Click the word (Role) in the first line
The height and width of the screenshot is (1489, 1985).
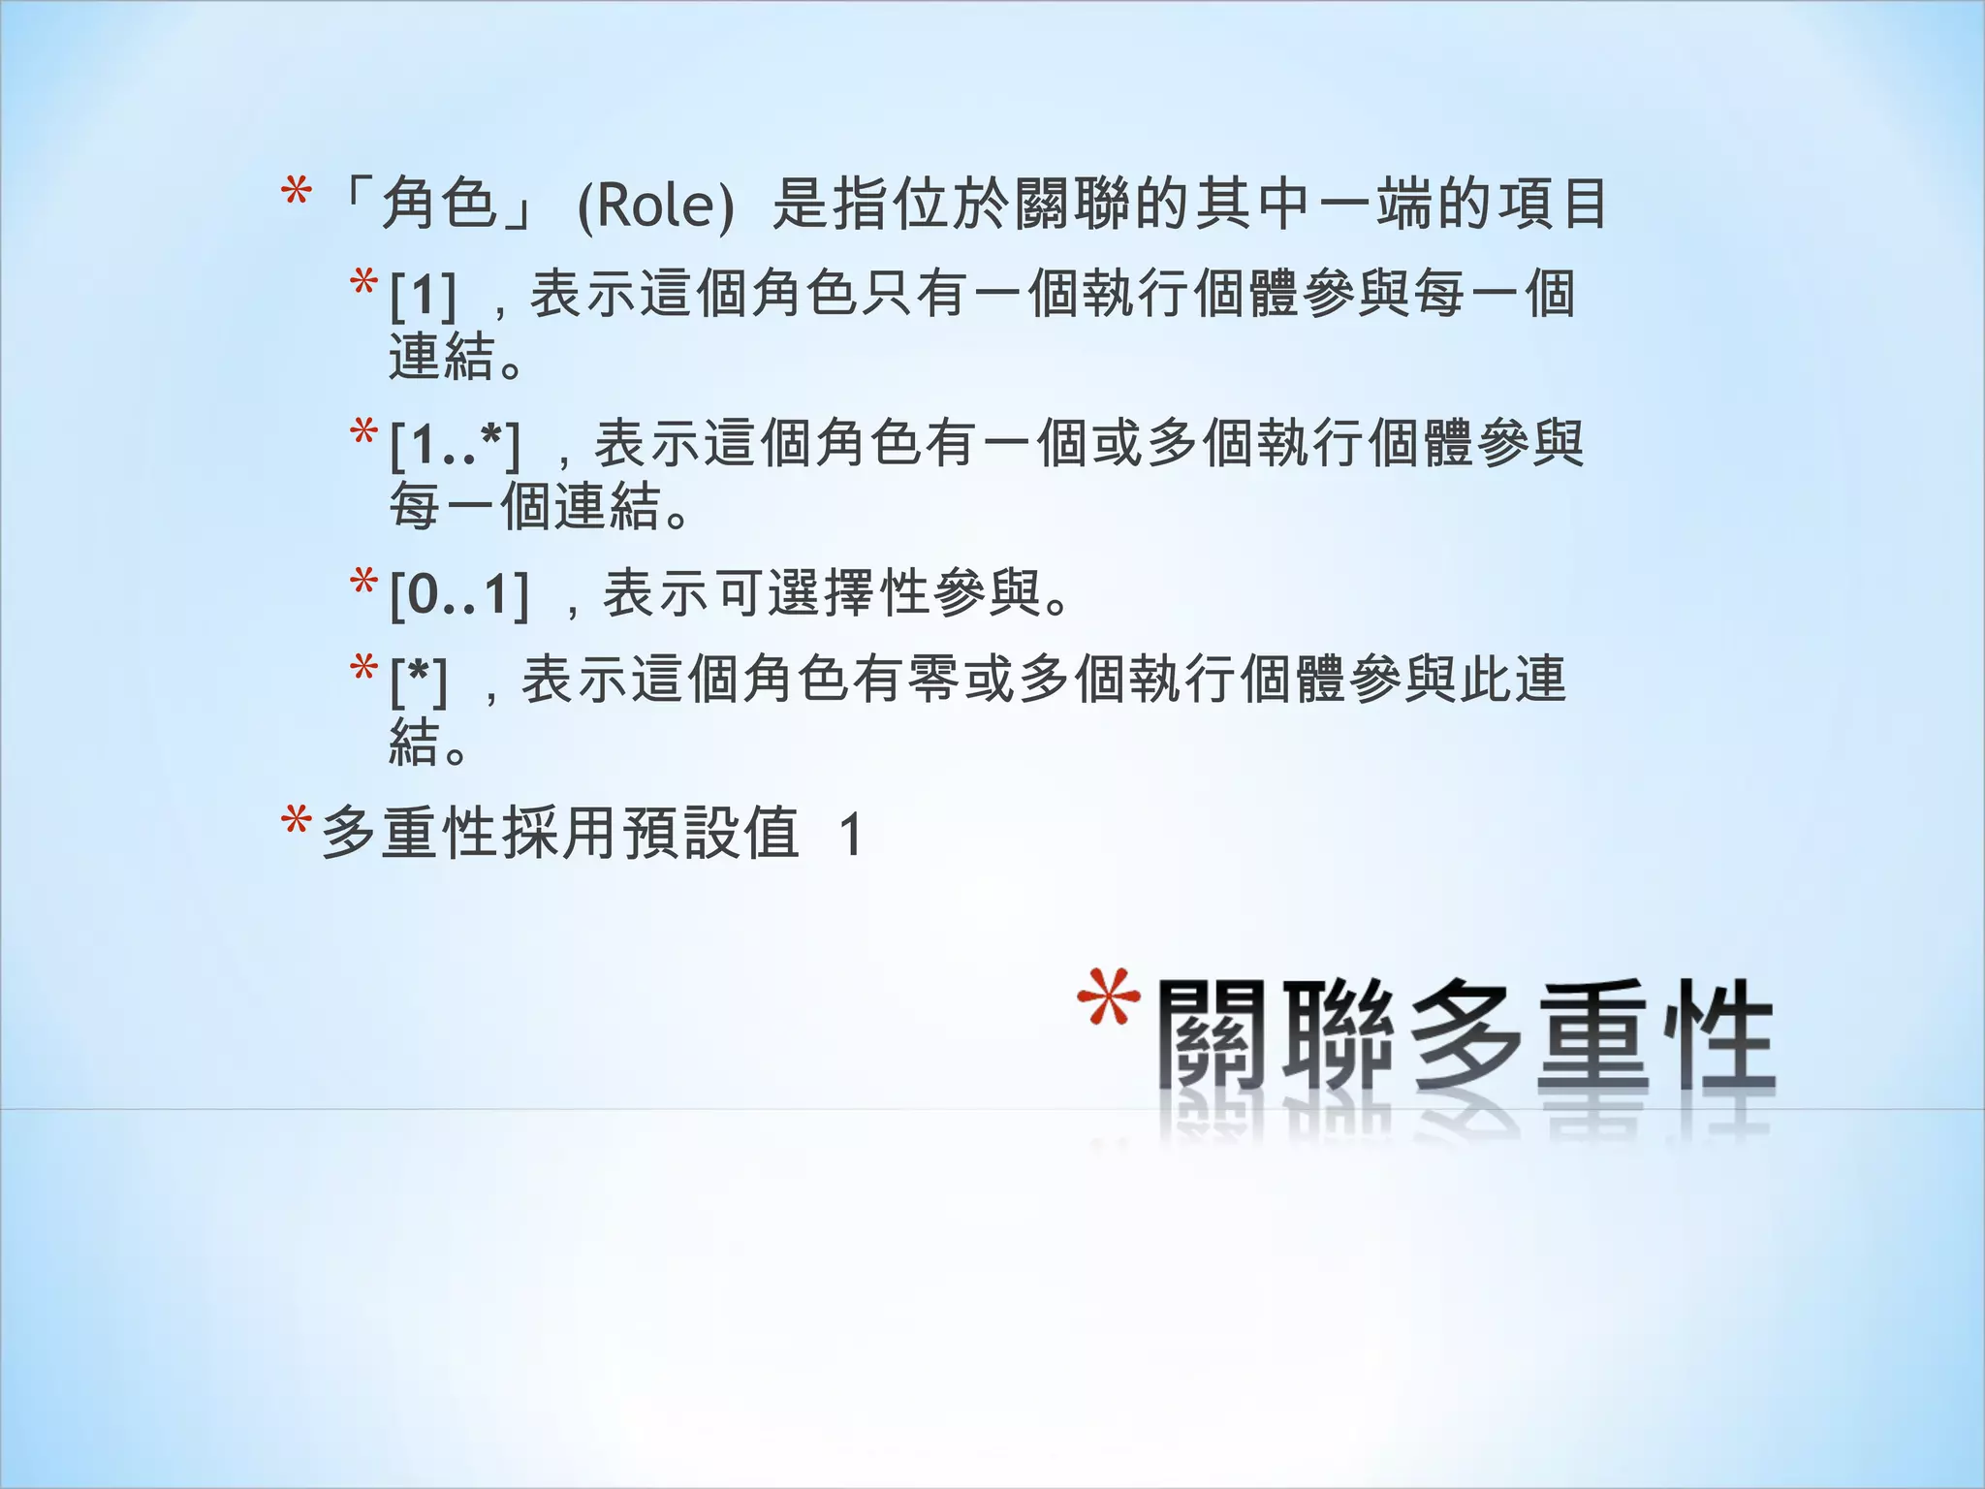655,206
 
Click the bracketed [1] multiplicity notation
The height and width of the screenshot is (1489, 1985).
423,295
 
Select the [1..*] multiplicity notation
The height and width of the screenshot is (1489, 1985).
455,446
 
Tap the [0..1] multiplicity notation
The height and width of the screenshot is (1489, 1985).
458,594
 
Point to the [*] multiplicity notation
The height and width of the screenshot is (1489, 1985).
419,681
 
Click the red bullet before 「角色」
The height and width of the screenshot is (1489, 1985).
296,193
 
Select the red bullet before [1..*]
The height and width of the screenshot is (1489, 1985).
363,432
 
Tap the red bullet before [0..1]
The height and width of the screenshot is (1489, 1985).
363,583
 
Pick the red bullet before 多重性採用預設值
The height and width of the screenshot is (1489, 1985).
296,822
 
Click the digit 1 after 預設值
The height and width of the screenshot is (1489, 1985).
851,835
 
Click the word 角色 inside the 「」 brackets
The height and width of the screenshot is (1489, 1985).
439,205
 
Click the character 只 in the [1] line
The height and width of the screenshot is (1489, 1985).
887,293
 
